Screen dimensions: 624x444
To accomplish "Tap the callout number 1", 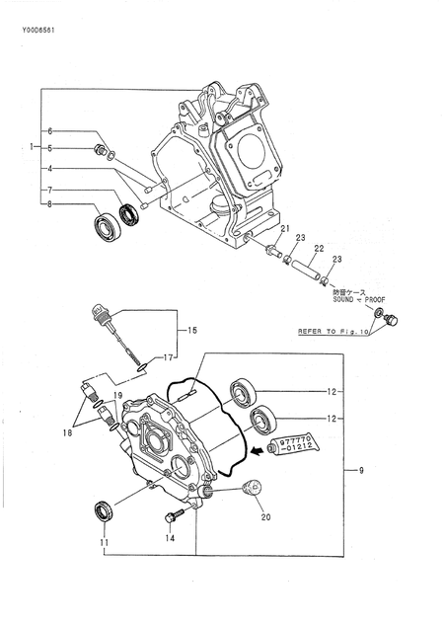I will tap(32, 147).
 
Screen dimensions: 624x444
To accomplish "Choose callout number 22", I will tap(319, 248).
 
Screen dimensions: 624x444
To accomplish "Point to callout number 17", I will tap(170, 357).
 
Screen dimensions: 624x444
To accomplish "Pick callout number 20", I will tap(264, 515).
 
